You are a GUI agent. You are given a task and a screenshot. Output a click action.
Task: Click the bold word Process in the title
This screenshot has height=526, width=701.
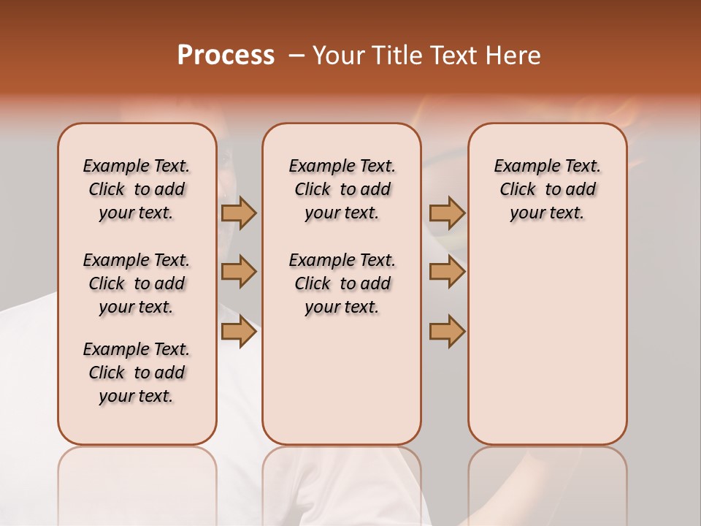click(225, 56)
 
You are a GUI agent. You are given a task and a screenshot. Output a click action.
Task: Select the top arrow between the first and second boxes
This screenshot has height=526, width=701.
click(239, 213)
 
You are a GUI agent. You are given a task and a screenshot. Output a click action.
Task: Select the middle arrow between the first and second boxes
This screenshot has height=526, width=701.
click(239, 272)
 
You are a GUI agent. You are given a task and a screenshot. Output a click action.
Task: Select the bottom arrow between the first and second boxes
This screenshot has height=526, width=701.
click(239, 331)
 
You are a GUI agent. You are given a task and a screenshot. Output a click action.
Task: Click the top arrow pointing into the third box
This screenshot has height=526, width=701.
click(447, 213)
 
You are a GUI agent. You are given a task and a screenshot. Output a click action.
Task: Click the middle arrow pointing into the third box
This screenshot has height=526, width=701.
click(447, 272)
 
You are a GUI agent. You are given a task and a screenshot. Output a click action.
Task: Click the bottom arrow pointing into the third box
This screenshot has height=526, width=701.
click(447, 331)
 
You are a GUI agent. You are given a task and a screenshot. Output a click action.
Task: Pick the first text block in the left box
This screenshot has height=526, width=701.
click(137, 189)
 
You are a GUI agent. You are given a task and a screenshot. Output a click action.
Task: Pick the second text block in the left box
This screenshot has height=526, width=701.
click(137, 283)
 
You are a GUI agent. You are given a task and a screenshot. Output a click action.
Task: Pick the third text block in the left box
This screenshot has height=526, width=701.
click(137, 373)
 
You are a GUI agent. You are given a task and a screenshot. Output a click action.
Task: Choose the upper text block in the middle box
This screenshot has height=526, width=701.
click(342, 189)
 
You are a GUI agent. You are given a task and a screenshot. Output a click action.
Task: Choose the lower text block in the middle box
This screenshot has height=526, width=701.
click(342, 283)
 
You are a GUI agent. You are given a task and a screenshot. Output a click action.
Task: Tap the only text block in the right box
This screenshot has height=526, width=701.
click(547, 189)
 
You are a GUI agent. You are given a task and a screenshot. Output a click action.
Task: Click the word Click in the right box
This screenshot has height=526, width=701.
click(518, 190)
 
